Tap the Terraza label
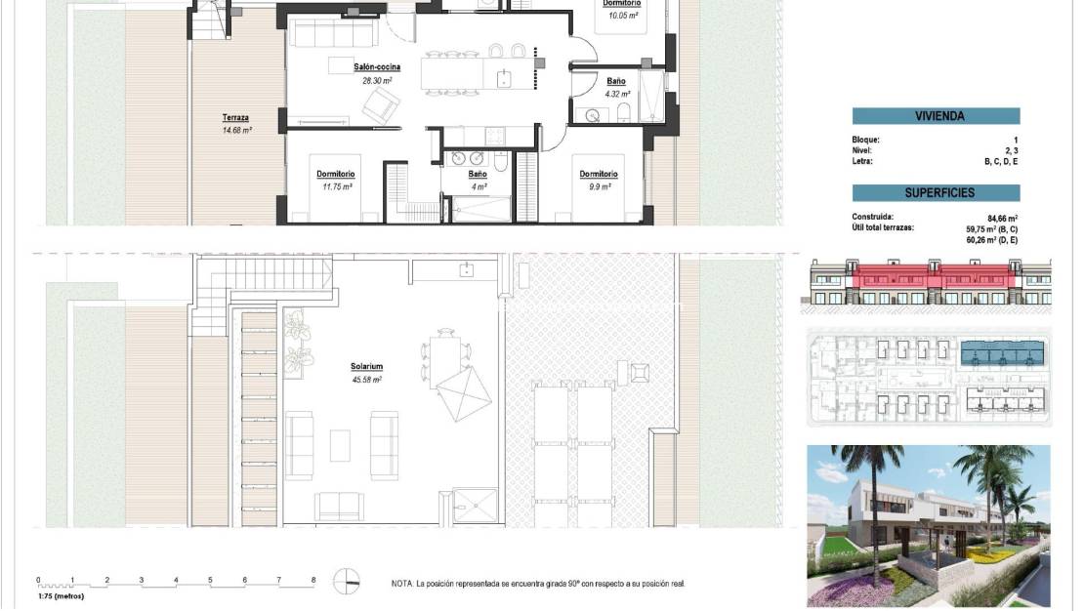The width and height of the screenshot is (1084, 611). click(x=235, y=116)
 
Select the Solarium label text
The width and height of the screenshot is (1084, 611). click(x=365, y=367)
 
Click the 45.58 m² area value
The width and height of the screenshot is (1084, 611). click(x=365, y=380)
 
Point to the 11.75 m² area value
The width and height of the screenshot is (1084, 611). click(x=336, y=185)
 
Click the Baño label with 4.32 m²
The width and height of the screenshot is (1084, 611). click(x=616, y=81)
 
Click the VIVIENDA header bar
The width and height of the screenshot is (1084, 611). click(x=936, y=116)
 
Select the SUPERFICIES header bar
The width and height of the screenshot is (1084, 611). click(x=936, y=193)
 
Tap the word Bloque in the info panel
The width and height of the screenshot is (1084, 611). click(x=865, y=141)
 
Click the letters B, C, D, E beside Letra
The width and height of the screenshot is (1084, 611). click(x=1001, y=161)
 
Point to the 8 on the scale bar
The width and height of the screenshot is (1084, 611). click(x=313, y=580)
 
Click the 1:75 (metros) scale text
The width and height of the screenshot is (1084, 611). click(x=61, y=595)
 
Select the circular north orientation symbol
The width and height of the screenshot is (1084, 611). click(x=346, y=581)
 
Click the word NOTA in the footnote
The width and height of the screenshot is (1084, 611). click(x=401, y=584)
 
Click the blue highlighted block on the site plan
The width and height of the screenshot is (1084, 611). click(x=1002, y=351)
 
